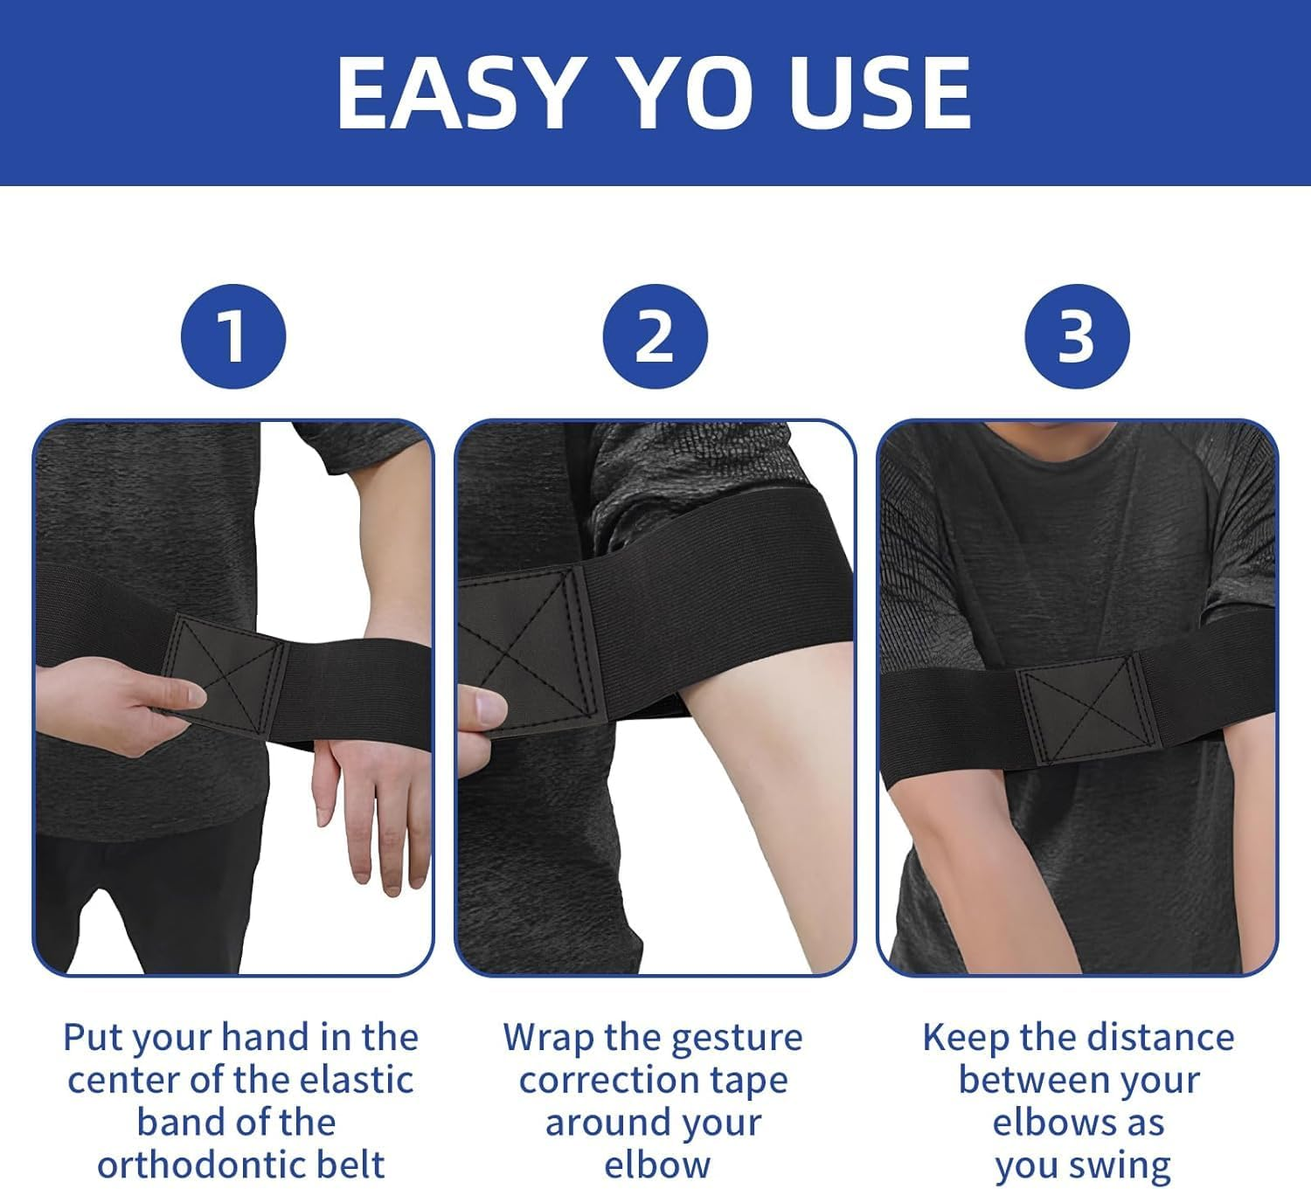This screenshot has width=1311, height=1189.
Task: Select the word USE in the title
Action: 879,93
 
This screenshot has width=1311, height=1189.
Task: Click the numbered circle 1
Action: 233,337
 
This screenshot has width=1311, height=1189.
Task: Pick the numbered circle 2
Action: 655,337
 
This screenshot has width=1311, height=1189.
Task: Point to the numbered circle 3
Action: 1077,337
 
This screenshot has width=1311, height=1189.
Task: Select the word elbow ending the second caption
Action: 656,1165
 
